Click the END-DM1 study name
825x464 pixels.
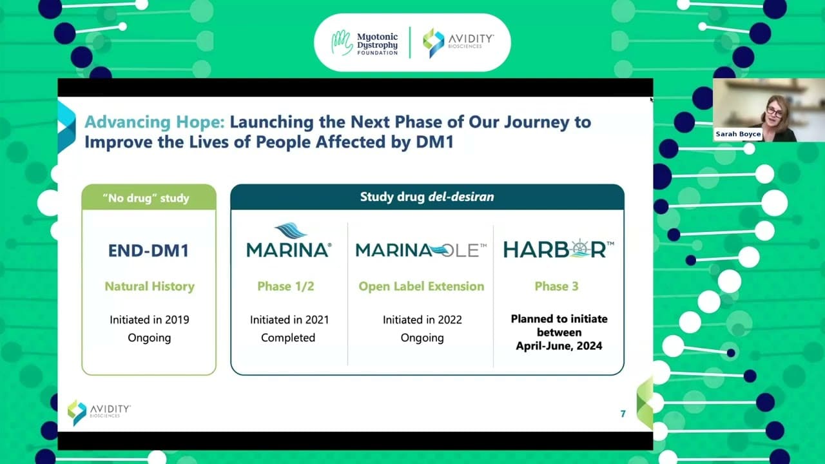click(148, 251)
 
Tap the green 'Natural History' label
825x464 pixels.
click(150, 287)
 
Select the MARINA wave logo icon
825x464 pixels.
click(291, 231)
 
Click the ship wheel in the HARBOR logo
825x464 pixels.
click(579, 249)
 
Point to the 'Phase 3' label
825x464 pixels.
click(556, 286)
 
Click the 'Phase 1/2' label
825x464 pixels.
click(286, 286)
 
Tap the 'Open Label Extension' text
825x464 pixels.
click(422, 287)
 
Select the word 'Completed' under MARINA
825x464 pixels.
click(288, 338)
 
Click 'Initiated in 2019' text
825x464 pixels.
click(150, 320)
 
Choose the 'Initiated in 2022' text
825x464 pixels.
click(422, 320)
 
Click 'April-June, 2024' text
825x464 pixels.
click(559, 346)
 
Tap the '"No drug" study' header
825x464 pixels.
click(146, 198)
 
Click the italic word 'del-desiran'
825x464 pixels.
click(461, 197)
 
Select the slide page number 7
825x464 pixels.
click(623, 414)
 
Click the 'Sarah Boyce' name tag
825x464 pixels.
click(738, 134)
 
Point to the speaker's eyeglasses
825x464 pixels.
click(775, 111)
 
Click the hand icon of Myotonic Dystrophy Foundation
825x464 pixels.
click(342, 43)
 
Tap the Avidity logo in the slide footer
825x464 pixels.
click(99, 412)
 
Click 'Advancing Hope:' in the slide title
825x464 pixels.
click(155, 122)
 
